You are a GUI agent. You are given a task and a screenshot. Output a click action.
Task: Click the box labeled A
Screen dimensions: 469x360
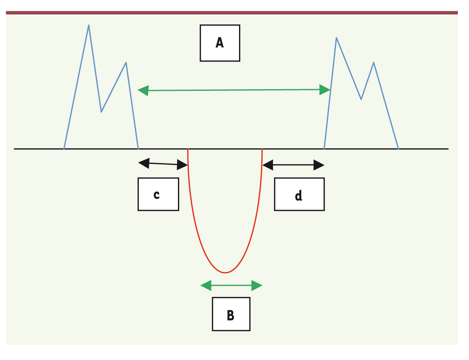(x=220, y=43)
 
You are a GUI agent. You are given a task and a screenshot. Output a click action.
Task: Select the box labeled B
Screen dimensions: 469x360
(x=231, y=314)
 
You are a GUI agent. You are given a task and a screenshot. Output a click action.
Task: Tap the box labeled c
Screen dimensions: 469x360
(x=158, y=194)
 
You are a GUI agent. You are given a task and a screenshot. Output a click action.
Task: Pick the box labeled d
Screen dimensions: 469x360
(x=299, y=194)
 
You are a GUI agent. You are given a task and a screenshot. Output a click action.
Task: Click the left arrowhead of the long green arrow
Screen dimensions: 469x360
(x=143, y=90)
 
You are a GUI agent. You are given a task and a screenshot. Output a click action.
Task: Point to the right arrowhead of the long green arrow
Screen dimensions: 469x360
(x=325, y=90)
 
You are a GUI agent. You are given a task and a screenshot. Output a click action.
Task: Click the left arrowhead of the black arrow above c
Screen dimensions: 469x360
(x=144, y=163)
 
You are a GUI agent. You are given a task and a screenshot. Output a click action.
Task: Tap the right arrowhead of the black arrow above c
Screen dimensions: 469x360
(x=182, y=165)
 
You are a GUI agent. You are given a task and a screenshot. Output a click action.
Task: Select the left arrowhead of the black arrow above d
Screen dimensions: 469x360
(x=268, y=165)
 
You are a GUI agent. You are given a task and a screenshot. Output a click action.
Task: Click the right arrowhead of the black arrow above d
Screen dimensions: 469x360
(x=319, y=165)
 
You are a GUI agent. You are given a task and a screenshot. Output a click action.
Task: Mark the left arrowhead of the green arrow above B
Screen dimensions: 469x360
(x=206, y=286)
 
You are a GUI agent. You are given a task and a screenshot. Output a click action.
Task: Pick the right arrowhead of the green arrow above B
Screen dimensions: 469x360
(x=257, y=286)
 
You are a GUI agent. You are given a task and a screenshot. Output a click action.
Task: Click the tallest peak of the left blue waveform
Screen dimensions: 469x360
(x=88, y=25)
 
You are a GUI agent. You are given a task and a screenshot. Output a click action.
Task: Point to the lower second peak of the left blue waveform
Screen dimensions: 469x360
(x=126, y=62)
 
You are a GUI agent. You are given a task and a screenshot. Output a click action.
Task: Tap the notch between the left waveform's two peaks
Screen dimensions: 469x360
(x=102, y=112)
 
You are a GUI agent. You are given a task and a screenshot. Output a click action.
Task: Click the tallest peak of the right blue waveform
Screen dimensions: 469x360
(x=336, y=38)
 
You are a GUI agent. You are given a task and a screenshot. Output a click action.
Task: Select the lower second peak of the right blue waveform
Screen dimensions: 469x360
(x=374, y=62)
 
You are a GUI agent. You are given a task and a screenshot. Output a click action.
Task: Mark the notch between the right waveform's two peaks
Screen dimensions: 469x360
(x=361, y=99)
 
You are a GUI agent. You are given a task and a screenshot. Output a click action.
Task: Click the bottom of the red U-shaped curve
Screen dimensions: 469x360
(x=225, y=272)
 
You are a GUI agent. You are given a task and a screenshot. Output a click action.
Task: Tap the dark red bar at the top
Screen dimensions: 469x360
(x=232, y=13)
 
